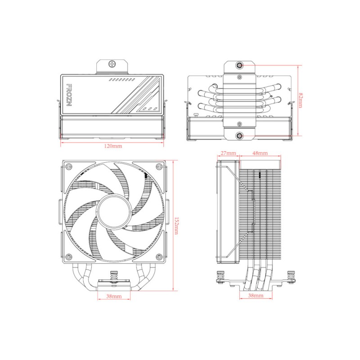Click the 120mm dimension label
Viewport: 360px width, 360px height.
[113, 146]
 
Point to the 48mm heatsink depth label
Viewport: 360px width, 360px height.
[260, 153]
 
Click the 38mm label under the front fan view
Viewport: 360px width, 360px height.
[113, 297]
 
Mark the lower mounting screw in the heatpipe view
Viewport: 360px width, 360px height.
[239, 135]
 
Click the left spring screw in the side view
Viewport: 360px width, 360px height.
[220, 275]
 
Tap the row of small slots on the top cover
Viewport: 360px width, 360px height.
[122, 79]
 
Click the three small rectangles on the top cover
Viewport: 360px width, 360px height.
[147, 108]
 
